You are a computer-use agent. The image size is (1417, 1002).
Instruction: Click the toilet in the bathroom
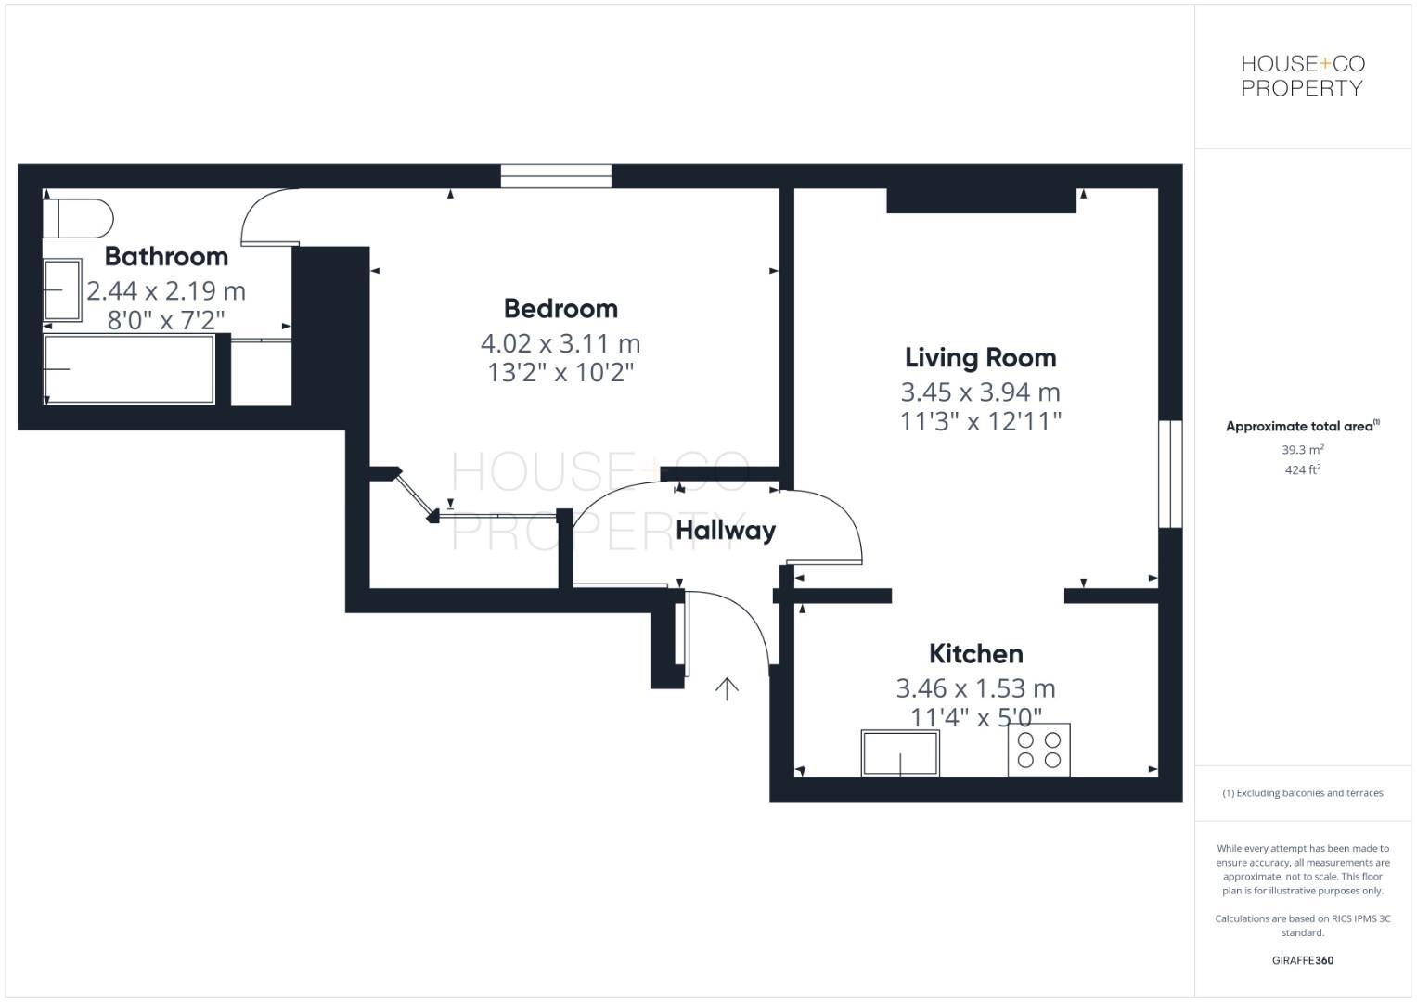[78, 218]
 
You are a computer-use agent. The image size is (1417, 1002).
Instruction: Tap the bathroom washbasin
[62, 290]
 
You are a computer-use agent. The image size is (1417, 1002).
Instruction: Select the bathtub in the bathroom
[129, 369]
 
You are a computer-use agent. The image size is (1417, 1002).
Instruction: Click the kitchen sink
[900, 752]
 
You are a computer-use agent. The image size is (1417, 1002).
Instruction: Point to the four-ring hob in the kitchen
[1038, 750]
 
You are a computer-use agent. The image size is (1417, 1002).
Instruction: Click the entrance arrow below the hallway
[727, 688]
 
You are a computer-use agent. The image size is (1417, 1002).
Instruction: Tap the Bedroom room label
[560, 308]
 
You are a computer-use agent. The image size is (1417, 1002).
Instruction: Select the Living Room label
[980, 357]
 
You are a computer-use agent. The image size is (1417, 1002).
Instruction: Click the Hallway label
[725, 531]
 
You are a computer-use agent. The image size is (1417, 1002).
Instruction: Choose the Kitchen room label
[975, 653]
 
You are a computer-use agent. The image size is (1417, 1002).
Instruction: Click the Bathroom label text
[166, 256]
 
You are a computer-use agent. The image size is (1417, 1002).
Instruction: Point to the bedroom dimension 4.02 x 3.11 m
[560, 343]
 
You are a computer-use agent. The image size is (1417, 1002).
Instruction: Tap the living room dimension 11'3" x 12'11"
[980, 422]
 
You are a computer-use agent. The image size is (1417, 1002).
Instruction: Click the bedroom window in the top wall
[556, 176]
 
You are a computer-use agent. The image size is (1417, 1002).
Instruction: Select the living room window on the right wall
[1170, 474]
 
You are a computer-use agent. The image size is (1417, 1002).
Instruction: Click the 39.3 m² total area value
[1302, 450]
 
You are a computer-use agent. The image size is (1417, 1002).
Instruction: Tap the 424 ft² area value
[1302, 470]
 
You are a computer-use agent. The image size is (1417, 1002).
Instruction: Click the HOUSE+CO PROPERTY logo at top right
[1302, 76]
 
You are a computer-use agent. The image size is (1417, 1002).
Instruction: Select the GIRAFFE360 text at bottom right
[1302, 960]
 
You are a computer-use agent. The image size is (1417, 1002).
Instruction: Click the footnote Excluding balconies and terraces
[1302, 793]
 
